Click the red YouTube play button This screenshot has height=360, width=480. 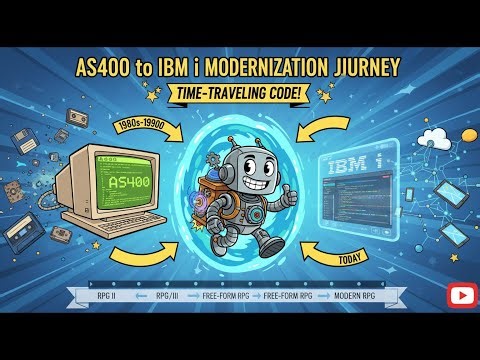[461, 294]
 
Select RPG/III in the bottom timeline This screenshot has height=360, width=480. [166, 296]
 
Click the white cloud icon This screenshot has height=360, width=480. [437, 137]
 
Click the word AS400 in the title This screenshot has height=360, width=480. [108, 67]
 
